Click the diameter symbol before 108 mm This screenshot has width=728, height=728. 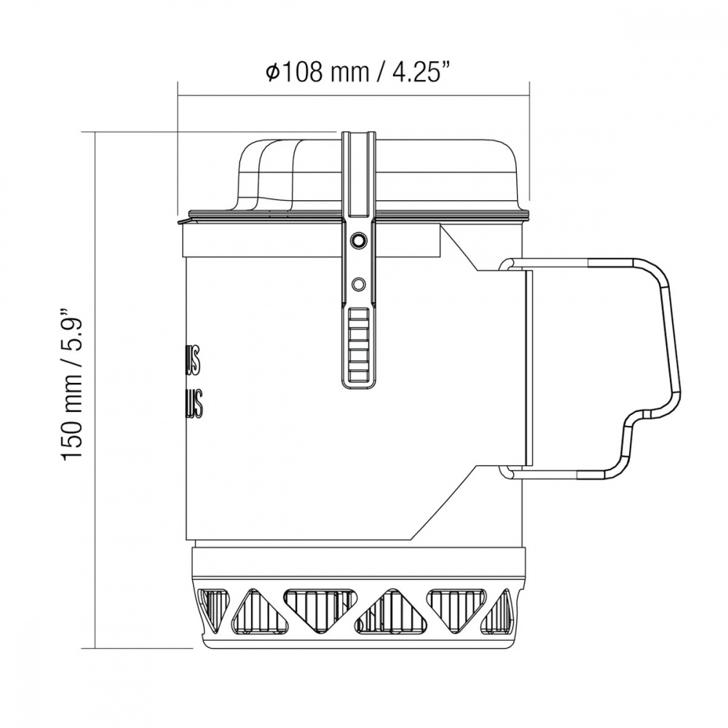(x=272, y=73)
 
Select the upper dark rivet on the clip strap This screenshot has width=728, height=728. (x=357, y=240)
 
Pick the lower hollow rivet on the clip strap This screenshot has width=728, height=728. (x=357, y=282)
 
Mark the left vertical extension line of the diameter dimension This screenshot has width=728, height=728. (x=179, y=146)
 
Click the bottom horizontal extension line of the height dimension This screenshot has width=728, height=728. (x=138, y=647)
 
